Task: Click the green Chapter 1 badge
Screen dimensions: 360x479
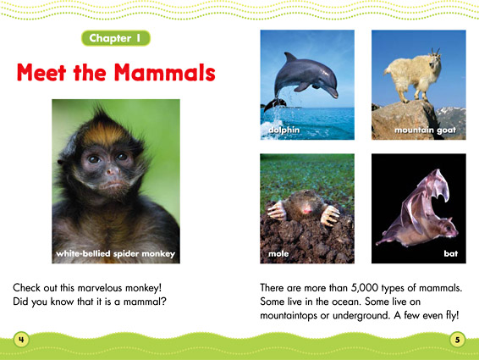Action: click(x=119, y=37)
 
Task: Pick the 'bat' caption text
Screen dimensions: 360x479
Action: click(x=449, y=253)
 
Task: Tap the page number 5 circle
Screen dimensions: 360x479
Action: click(x=456, y=338)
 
